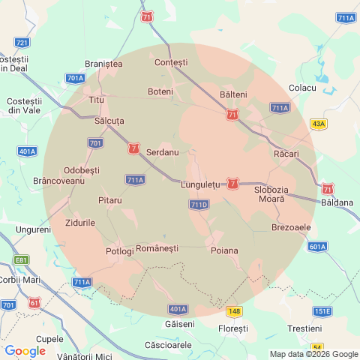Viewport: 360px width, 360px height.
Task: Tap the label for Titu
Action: pos(97,100)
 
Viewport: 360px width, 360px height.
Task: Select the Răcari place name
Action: pos(286,154)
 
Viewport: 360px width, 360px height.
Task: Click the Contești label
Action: pos(171,61)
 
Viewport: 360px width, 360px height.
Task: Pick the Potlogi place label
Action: pos(120,250)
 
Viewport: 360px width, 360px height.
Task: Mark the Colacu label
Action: pos(303,88)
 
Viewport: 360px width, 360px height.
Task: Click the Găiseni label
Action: pos(179,324)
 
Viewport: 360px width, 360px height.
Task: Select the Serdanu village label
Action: pos(162,152)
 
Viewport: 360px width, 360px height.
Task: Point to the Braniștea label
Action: pos(104,64)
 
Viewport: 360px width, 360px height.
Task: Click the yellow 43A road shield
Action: pos(319,124)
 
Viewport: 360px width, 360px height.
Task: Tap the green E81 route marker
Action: pos(21,260)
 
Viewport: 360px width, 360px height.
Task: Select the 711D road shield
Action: pos(199,204)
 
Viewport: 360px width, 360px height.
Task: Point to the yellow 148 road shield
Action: pos(235,310)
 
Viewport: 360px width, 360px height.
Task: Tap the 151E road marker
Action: pos(322,310)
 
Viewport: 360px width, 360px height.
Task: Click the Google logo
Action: pos(25,350)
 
